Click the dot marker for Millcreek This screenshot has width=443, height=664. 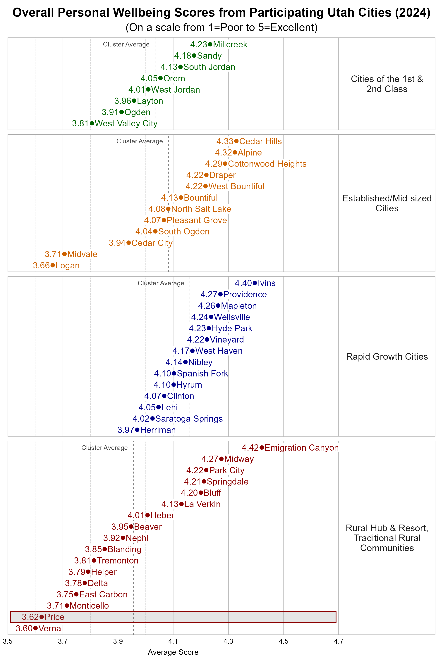point(210,44)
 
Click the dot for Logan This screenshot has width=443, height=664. point(53,265)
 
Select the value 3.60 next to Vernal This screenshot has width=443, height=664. point(24,628)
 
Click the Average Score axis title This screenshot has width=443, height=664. point(173,652)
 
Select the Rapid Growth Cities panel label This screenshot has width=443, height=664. point(387,357)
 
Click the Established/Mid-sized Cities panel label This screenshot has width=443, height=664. point(387,203)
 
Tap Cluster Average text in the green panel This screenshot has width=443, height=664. point(126,44)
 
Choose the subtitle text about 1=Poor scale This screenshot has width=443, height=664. point(221,27)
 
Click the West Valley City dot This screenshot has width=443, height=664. point(92,123)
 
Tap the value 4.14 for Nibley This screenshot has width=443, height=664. point(174,362)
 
